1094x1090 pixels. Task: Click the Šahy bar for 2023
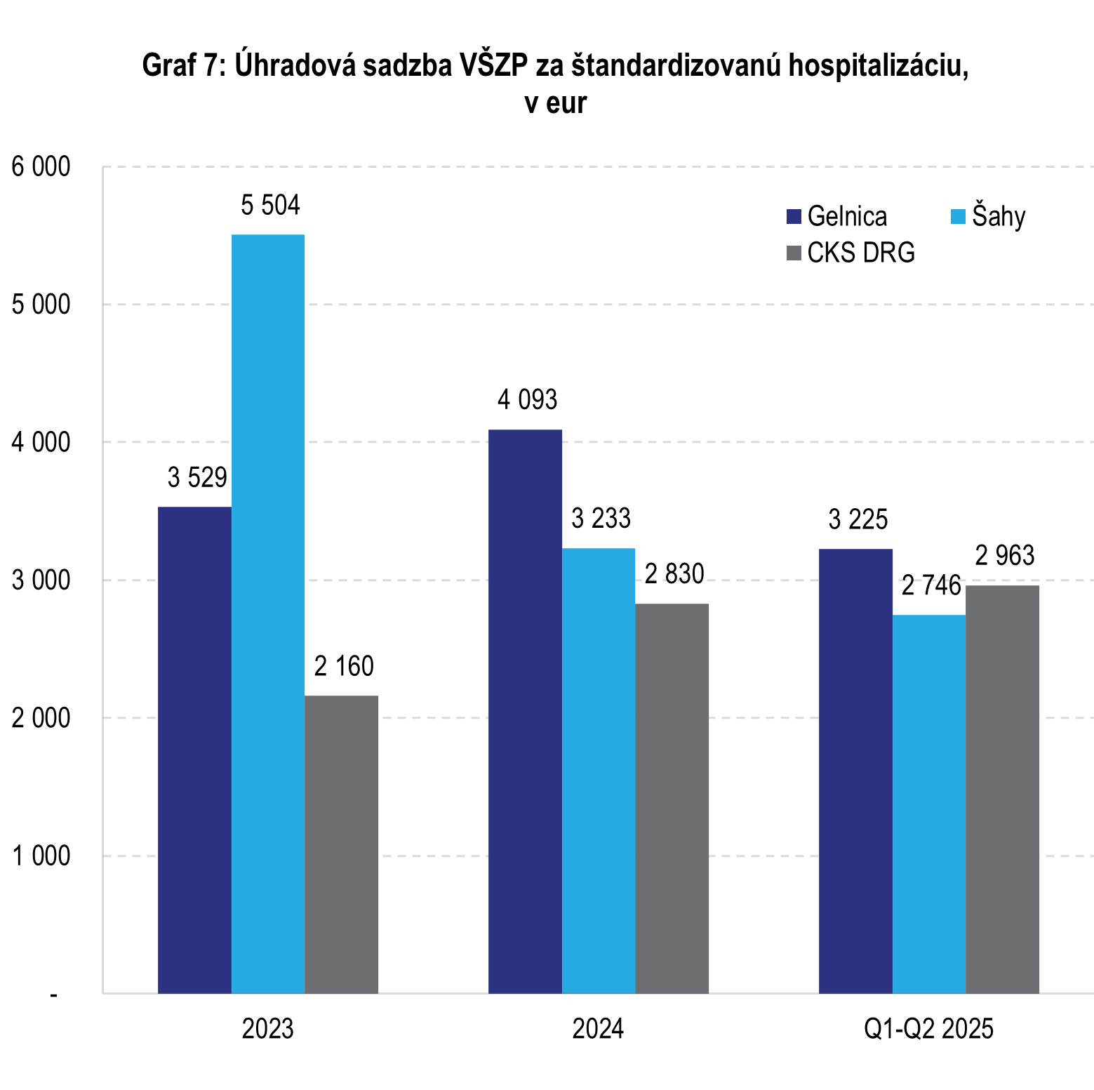click(267, 614)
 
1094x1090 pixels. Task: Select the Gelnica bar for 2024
click(525, 711)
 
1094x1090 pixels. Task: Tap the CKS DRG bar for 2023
click(341, 844)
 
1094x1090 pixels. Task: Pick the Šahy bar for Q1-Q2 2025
click(928, 804)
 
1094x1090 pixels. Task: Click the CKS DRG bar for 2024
click(672, 798)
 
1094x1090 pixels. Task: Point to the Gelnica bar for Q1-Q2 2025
click(855, 771)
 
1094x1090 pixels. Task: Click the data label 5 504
click(270, 206)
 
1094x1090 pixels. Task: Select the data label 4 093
click(527, 400)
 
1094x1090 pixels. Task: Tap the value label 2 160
click(344, 666)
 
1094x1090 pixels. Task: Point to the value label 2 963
click(1005, 556)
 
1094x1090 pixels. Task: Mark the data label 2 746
click(931, 585)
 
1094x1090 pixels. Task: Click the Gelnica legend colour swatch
click(794, 216)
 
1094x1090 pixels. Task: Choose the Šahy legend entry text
click(999, 216)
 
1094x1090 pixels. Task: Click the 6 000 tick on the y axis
click(41, 167)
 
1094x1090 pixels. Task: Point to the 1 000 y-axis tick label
click(41, 856)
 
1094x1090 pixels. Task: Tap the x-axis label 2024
click(598, 1029)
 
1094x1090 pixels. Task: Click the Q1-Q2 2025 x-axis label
click(928, 1029)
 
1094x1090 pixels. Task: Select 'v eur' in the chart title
click(555, 103)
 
